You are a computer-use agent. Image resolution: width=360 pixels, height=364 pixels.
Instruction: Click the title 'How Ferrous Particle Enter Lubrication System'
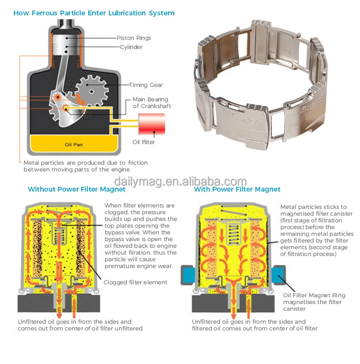pyautogui.click(x=94, y=13)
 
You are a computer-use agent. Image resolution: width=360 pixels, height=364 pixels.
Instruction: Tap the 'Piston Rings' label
pyautogui.click(x=133, y=38)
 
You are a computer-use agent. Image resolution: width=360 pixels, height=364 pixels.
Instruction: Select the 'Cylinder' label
pyautogui.click(x=131, y=47)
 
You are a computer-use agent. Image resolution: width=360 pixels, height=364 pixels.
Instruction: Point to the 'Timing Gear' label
pyautogui.click(x=145, y=85)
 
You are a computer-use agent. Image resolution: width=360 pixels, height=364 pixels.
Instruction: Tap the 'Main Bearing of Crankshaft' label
pyautogui.click(x=152, y=103)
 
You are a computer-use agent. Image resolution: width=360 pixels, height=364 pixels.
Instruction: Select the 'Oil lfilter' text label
pyautogui.click(x=144, y=142)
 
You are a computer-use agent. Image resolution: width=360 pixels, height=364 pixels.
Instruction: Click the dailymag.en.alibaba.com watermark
pyautogui.click(x=180, y=182)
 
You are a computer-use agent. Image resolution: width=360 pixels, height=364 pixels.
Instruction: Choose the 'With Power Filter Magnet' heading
pyautogui.click(x=237, y=189)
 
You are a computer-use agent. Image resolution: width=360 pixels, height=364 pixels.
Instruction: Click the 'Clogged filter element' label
pyautogui.click(x=136, y=282)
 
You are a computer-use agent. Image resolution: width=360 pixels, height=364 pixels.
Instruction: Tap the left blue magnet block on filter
pyautogui.click(x=187, y=276)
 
